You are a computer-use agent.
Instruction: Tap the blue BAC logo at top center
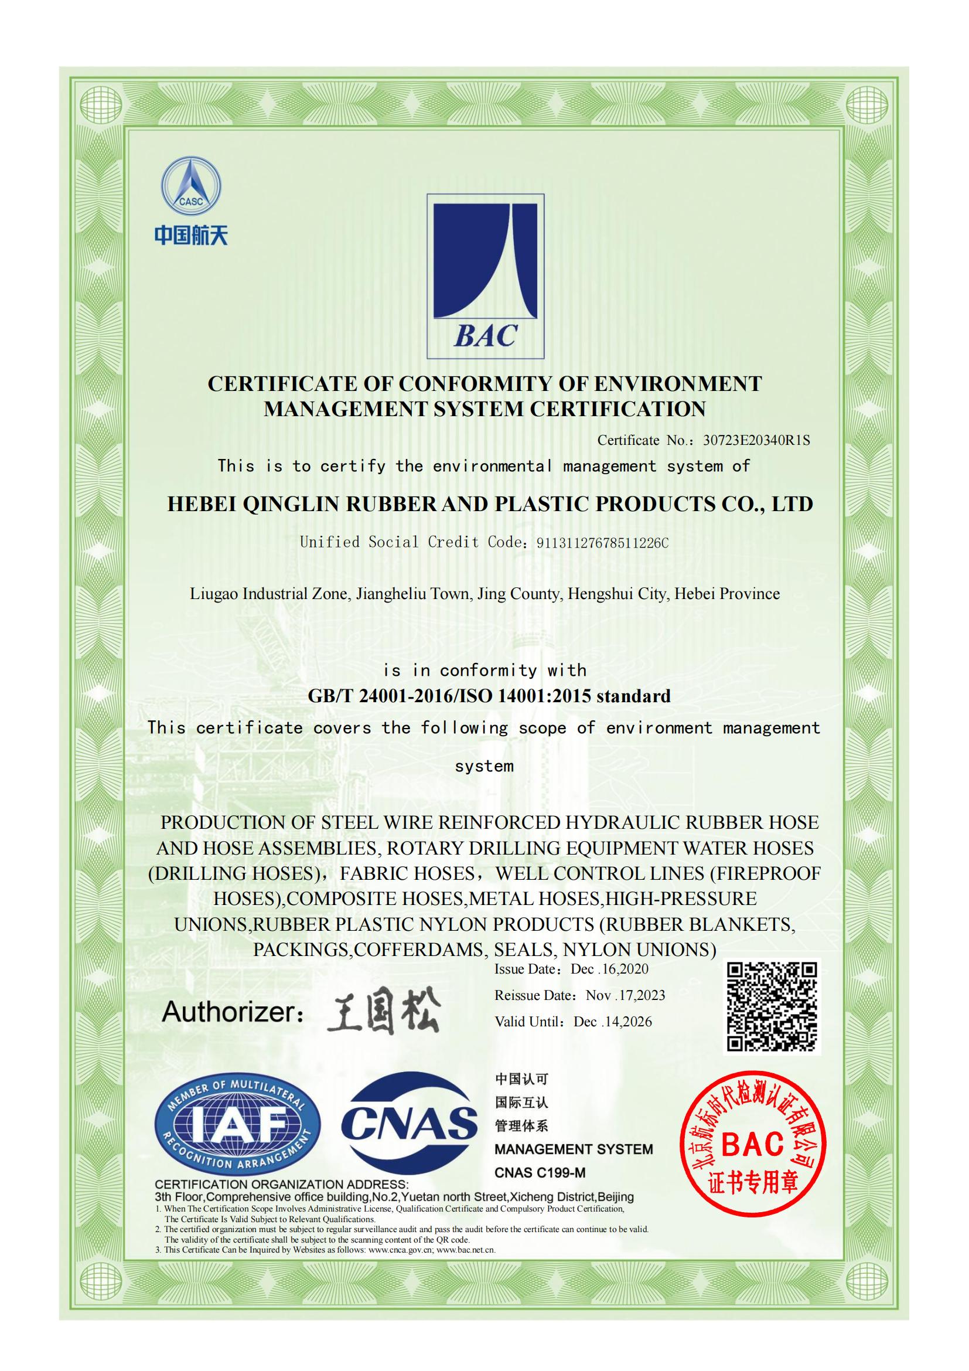(x=485, y=276)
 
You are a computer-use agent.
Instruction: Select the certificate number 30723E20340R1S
(x=756, y=441)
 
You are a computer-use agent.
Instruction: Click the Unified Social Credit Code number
(x=603, y=543)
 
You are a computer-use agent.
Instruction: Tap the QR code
(x=772, y=1006)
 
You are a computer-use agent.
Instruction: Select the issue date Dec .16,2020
(x=609, y=968)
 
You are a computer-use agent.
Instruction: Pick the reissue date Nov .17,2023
(x=625, y=995)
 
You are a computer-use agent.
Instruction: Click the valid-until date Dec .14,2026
(x=613, y=1021)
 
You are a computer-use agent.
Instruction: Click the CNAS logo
(x=410, y=1122)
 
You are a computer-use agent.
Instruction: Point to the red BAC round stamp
(x=753, y=1144)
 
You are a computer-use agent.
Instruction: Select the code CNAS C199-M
(x=540, y=1172)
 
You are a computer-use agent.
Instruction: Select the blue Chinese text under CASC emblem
(x=191, y=234)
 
